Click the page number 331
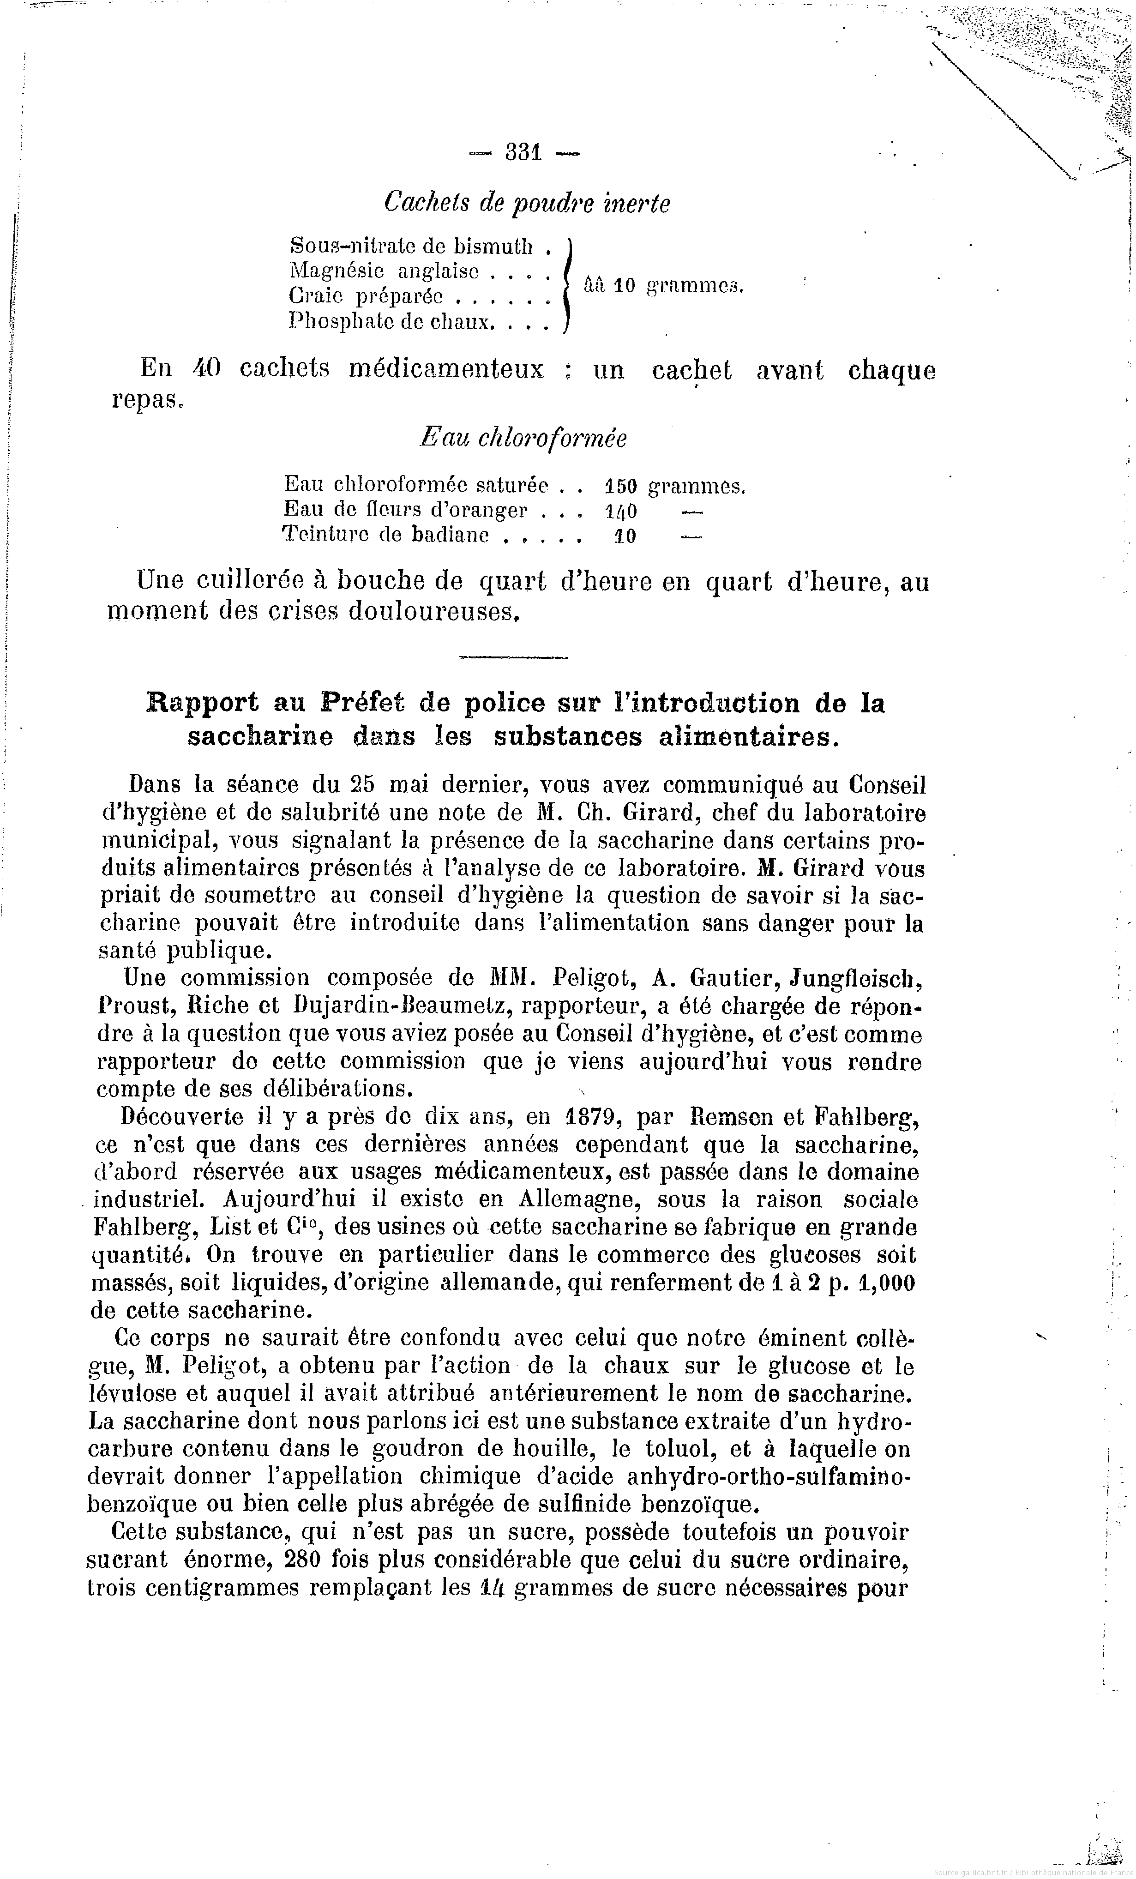pos(523,152)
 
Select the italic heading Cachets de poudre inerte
pos(527,203)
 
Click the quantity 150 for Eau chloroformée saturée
pos(620,485)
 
